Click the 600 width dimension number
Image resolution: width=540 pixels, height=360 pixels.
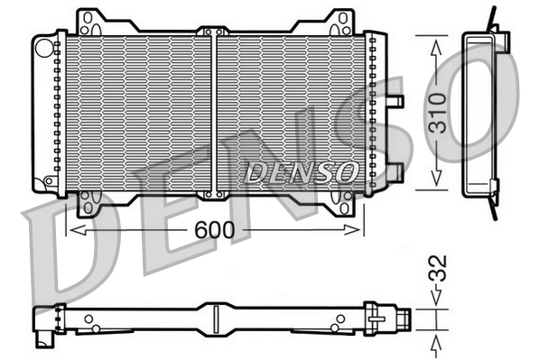click(x=217, y=230)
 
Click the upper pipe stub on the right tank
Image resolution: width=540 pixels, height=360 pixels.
click(x=394, y=100)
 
